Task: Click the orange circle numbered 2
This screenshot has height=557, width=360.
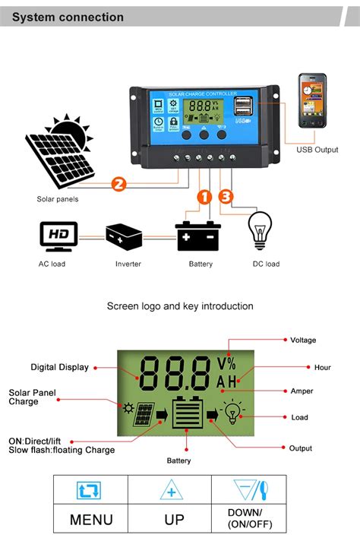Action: tap(118, 183)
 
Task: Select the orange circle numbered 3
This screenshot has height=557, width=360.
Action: tap(225, 197)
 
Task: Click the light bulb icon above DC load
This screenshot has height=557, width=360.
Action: tap(261, 230)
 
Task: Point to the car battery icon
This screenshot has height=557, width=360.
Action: tap(197, 236)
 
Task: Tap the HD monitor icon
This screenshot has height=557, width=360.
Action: tap(58, 236)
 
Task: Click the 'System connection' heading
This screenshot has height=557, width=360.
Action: tap(68, 17)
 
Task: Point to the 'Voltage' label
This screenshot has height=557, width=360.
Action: tap(303, 340)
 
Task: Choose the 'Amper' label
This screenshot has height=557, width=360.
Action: tap(302, 391)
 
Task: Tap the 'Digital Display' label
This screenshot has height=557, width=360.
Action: tap(59, 367)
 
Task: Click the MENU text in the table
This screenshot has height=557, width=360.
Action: tap(91, 520)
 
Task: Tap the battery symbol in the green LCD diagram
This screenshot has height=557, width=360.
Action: tap(186, 415)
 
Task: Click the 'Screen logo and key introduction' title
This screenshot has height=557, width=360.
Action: tap(180, 306)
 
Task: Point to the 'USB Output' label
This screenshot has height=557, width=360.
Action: tap(317, 150)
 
